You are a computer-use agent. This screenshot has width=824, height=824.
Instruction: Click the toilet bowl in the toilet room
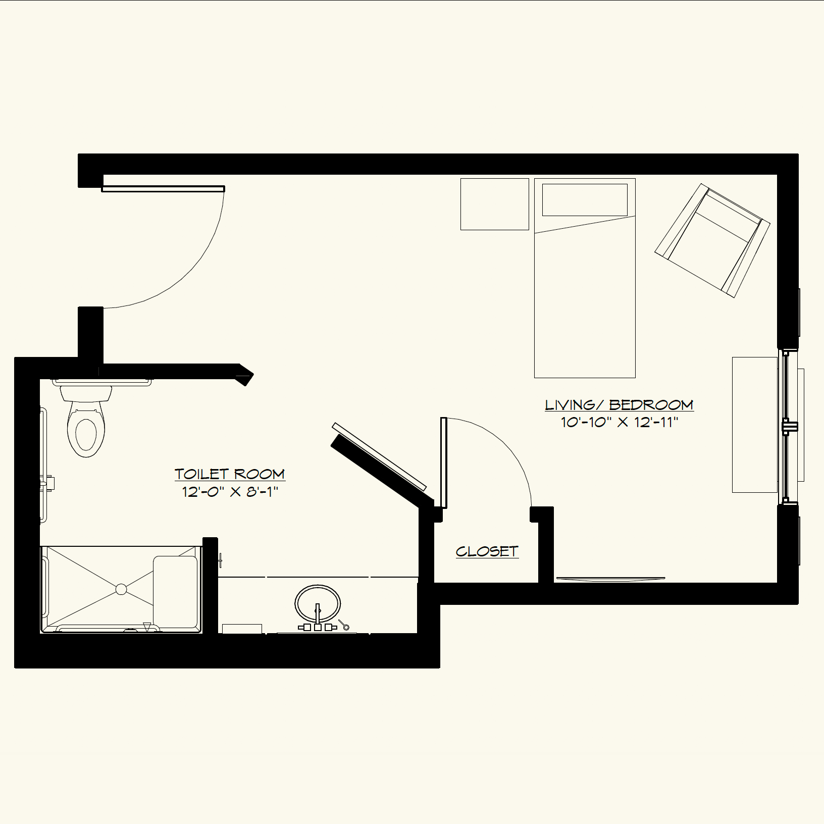coord(86,433)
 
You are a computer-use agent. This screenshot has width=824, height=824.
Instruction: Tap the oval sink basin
coord(318,602)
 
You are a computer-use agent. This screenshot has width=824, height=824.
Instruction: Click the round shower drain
coord(121,589)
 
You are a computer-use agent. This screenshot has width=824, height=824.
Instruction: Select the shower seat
coord(175,592)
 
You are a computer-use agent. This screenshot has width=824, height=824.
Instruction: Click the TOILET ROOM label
coord(230,474)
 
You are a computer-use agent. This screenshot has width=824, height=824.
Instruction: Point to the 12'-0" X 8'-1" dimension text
coord(230,492)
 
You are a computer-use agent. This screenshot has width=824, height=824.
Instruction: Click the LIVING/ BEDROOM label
coord(619,405)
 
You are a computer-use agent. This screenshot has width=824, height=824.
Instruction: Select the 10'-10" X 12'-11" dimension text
coord(619,423)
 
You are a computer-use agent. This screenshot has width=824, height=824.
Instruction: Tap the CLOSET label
coord(487,551)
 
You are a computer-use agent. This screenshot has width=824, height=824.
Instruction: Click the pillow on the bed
coord(585,200)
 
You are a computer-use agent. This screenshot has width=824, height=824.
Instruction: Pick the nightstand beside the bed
coord(494,204)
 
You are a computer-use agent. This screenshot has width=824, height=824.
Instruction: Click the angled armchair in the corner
coord(712,240)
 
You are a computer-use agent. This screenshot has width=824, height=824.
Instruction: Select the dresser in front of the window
coord(754,424)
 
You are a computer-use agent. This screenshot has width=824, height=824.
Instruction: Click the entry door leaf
coord(163,189)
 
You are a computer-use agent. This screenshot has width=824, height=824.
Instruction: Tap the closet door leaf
coord(443,462)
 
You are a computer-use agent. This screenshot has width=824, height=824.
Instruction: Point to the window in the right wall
coord(787,427)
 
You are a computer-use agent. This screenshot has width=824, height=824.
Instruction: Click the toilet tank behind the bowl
coord(86,393)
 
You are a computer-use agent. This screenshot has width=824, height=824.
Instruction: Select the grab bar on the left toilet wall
coord(43,465)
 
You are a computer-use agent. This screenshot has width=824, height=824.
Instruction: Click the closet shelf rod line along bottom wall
coord(610,579)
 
